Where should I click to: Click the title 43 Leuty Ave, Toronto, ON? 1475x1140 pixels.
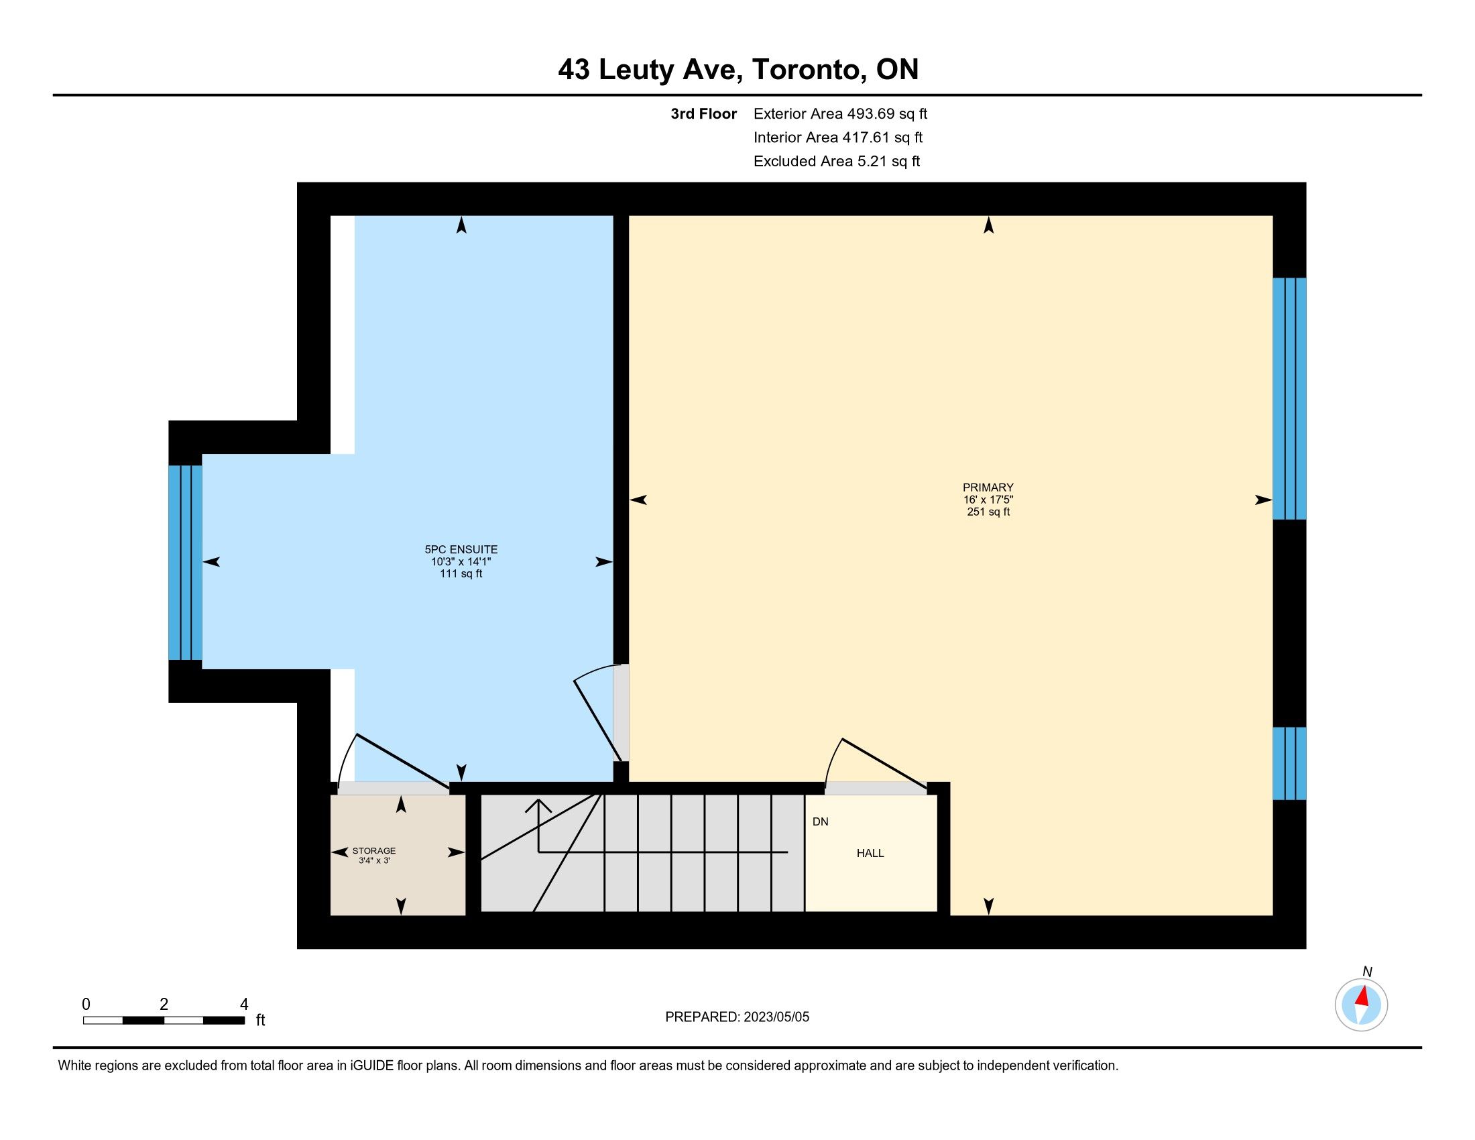(x=738, y=70)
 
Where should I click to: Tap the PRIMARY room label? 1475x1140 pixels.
(x=988, y=488)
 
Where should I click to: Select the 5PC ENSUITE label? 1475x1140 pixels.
(x=461, y=550)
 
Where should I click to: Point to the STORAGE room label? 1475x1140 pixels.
(x=374, y=851)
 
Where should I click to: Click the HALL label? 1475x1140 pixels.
(x=870, y=853)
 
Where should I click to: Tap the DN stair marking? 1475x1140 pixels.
(x=821, y=822)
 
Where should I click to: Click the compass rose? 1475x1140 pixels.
(x=1362, y=1005)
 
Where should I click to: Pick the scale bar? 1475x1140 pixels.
(x=164, y=1021)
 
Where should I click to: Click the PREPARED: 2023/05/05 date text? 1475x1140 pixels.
(x=737, y=1017)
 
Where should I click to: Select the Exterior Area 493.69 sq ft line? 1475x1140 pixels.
(x=840, y=114)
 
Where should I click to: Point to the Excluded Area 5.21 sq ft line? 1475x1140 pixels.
(x=837, y=162)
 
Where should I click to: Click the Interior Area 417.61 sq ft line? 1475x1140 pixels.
(x=838, y=137)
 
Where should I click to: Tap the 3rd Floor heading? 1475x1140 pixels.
(x=704, y=114)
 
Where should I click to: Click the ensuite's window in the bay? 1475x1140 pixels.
(x=185, y=563)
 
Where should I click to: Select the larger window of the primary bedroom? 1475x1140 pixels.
(x=1289, y=398)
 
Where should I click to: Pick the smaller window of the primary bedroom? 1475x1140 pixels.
(x=1289, y=763)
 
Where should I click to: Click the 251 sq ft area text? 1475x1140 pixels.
(x=988, y=512)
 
